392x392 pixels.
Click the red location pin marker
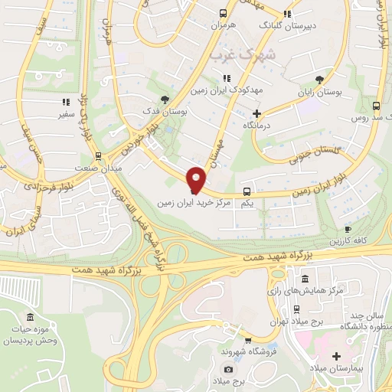(196, 180)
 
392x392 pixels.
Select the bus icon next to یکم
(247, 191)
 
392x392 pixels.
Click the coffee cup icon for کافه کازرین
(348, 229)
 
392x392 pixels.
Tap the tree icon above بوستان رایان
(319, 79)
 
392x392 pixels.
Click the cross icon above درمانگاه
(256, 113)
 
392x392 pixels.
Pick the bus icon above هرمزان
(223, 13)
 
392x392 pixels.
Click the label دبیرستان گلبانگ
(287, 25)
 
